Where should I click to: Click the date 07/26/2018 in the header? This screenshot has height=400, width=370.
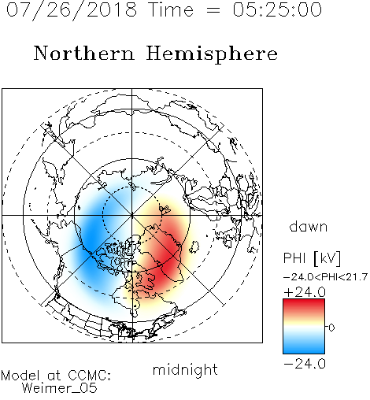tap(72, 10)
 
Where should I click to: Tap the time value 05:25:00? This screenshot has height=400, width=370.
tap(277, 10)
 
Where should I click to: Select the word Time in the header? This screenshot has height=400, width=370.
tap(171, 10)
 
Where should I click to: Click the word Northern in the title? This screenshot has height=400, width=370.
tap(84, 54)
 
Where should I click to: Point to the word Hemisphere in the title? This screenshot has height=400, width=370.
tap(212, 54)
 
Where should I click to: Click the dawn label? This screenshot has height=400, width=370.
tap(309, 226)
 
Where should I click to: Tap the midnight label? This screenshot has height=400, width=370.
tap(185, 369)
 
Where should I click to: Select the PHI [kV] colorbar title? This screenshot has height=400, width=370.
tap(312, 258)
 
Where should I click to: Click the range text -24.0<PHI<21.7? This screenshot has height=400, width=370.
tap(326, 277)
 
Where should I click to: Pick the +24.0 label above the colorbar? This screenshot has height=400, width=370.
tap(305, 292)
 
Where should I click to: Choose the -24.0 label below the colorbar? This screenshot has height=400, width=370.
tap(305, 364)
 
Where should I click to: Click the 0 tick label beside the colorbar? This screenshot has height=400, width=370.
tap(331, 328)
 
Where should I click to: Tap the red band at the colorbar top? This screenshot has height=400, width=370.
tap(304, 304)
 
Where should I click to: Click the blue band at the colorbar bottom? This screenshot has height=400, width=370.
tap(304, 349)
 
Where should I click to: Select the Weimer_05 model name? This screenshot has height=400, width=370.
tap(60, 388)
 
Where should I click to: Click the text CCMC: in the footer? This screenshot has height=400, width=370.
tap(89, 376)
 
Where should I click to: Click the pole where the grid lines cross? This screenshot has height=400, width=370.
tap(132, 216)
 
